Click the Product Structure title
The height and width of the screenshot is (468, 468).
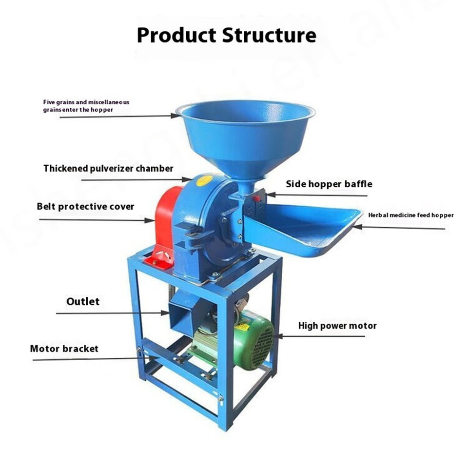(x=226, y=35)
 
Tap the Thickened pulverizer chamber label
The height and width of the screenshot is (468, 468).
(x=108, y=169)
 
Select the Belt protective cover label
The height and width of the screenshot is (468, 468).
(x=85, y=206)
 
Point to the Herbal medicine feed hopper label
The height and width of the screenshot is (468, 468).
(x=410, y=215)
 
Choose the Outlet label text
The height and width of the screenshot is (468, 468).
(x=83, y=302)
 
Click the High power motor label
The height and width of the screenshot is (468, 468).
(x=337, y=325)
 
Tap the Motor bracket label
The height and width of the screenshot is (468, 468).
(x=64, y=349)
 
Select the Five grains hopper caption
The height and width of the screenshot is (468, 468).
(x=85, y=106)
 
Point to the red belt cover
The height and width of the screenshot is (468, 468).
(x=166, y=224)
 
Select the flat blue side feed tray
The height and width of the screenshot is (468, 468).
(x=305, y=229)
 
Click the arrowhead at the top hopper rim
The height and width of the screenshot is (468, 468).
(x=176, y=116)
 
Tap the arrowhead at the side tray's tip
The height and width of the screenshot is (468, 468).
(x=356, y=226)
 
